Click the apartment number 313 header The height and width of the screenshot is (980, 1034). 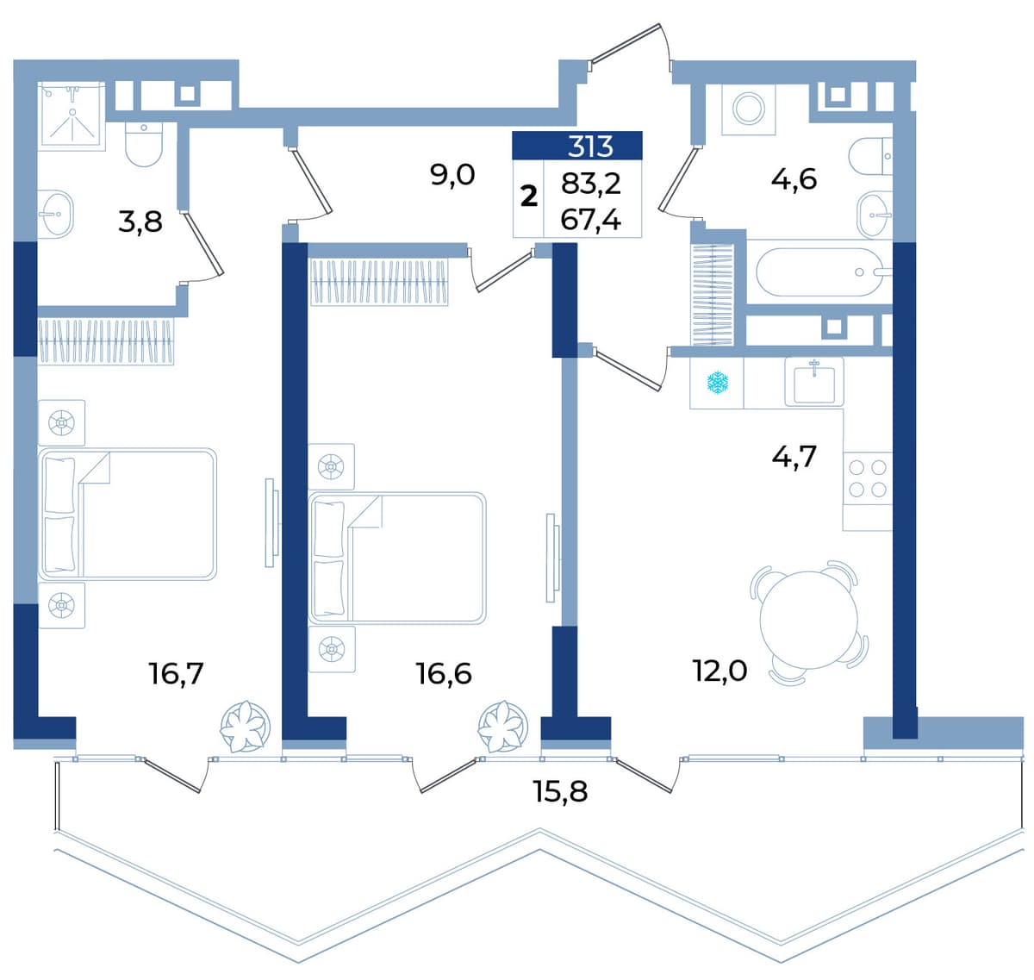(x=589, y=147)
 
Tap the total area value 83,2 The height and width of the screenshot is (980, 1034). (x=591, y=184)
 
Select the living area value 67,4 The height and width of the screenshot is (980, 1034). (x=591, y=220)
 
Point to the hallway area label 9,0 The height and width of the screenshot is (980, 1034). (x=452, y=175)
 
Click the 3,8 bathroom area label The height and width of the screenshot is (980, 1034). (x=140, y=222)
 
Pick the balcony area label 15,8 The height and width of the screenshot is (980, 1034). (x=560, y=791)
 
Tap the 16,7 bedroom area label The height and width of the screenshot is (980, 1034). (x=176, y=674)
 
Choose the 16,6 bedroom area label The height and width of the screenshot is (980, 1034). (x=444, y=674)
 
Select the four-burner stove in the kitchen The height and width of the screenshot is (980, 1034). (x=868, y=478)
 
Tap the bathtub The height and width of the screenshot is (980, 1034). (x=824, y=272)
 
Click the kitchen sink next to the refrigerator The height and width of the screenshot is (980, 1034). (x=814, y=382)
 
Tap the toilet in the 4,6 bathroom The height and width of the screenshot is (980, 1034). (x=870, y=156)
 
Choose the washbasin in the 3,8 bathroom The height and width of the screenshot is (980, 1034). (x=56, y=215)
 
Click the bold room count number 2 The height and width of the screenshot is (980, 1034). (x=528, y=197)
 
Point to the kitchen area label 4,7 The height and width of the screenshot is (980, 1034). (x=794, y=456)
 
